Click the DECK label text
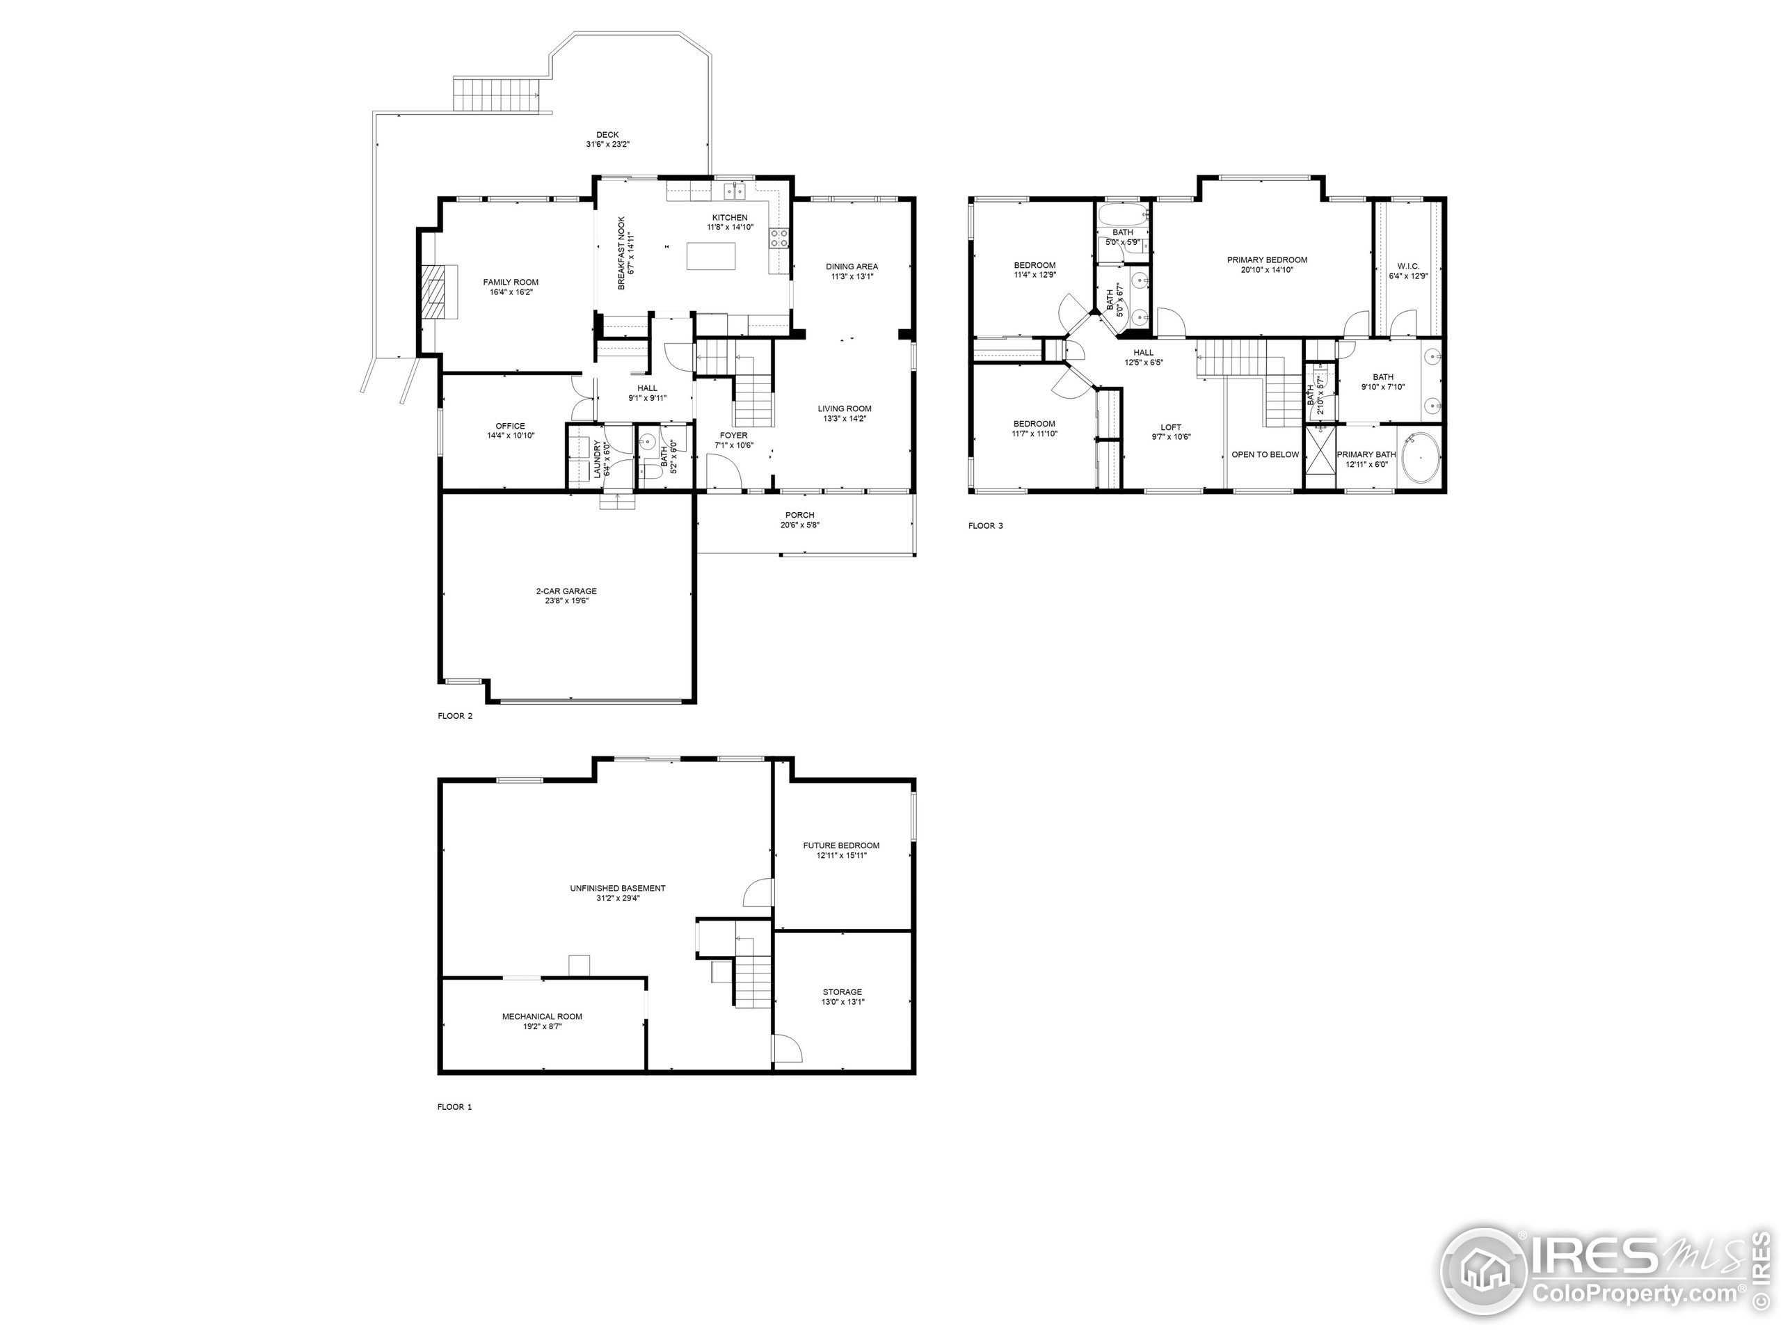click(x=607, y=134)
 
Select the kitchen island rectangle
click(x=711, y=257)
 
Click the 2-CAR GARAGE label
click(x=566, y=591)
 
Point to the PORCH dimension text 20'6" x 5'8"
click(x=799, y=525)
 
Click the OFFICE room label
click(x=511, y=426)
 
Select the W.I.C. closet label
click(x=1408, y=266)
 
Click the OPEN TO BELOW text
click(x=1265, y=454)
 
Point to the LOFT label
click(x=1171, y=428)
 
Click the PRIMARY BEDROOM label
click(x=1266, y=260)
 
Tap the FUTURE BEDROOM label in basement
click(x=840, y=845)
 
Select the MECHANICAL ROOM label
click(x=542, y=1017)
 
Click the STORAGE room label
click(x=842, y=992)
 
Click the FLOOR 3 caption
click(x=986, y=526)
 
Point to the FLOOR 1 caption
click(x=454, y=1106)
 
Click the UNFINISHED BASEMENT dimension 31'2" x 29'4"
click(x=617, y=898)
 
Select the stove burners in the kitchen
click(x=778, y=237)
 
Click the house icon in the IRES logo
click(x=1484, y=1273)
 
